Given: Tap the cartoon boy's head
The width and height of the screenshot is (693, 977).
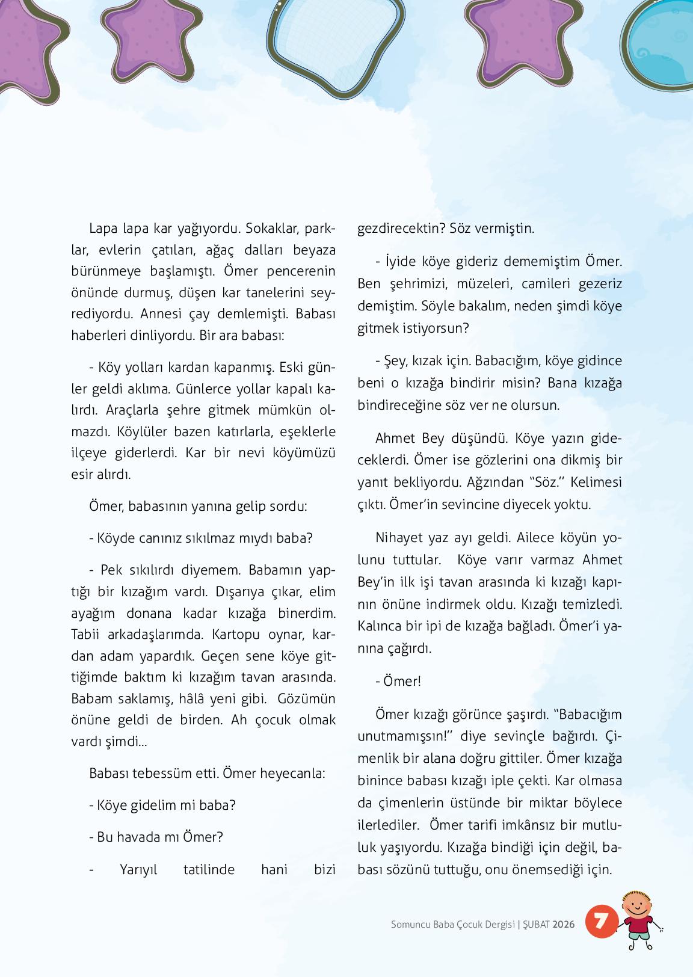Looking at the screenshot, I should point(637,901).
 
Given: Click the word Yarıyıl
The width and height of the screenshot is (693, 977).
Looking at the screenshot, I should point(138,869).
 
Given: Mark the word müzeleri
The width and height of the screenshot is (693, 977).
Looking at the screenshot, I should point(473,283).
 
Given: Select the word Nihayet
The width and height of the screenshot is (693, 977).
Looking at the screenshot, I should point(400,537).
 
